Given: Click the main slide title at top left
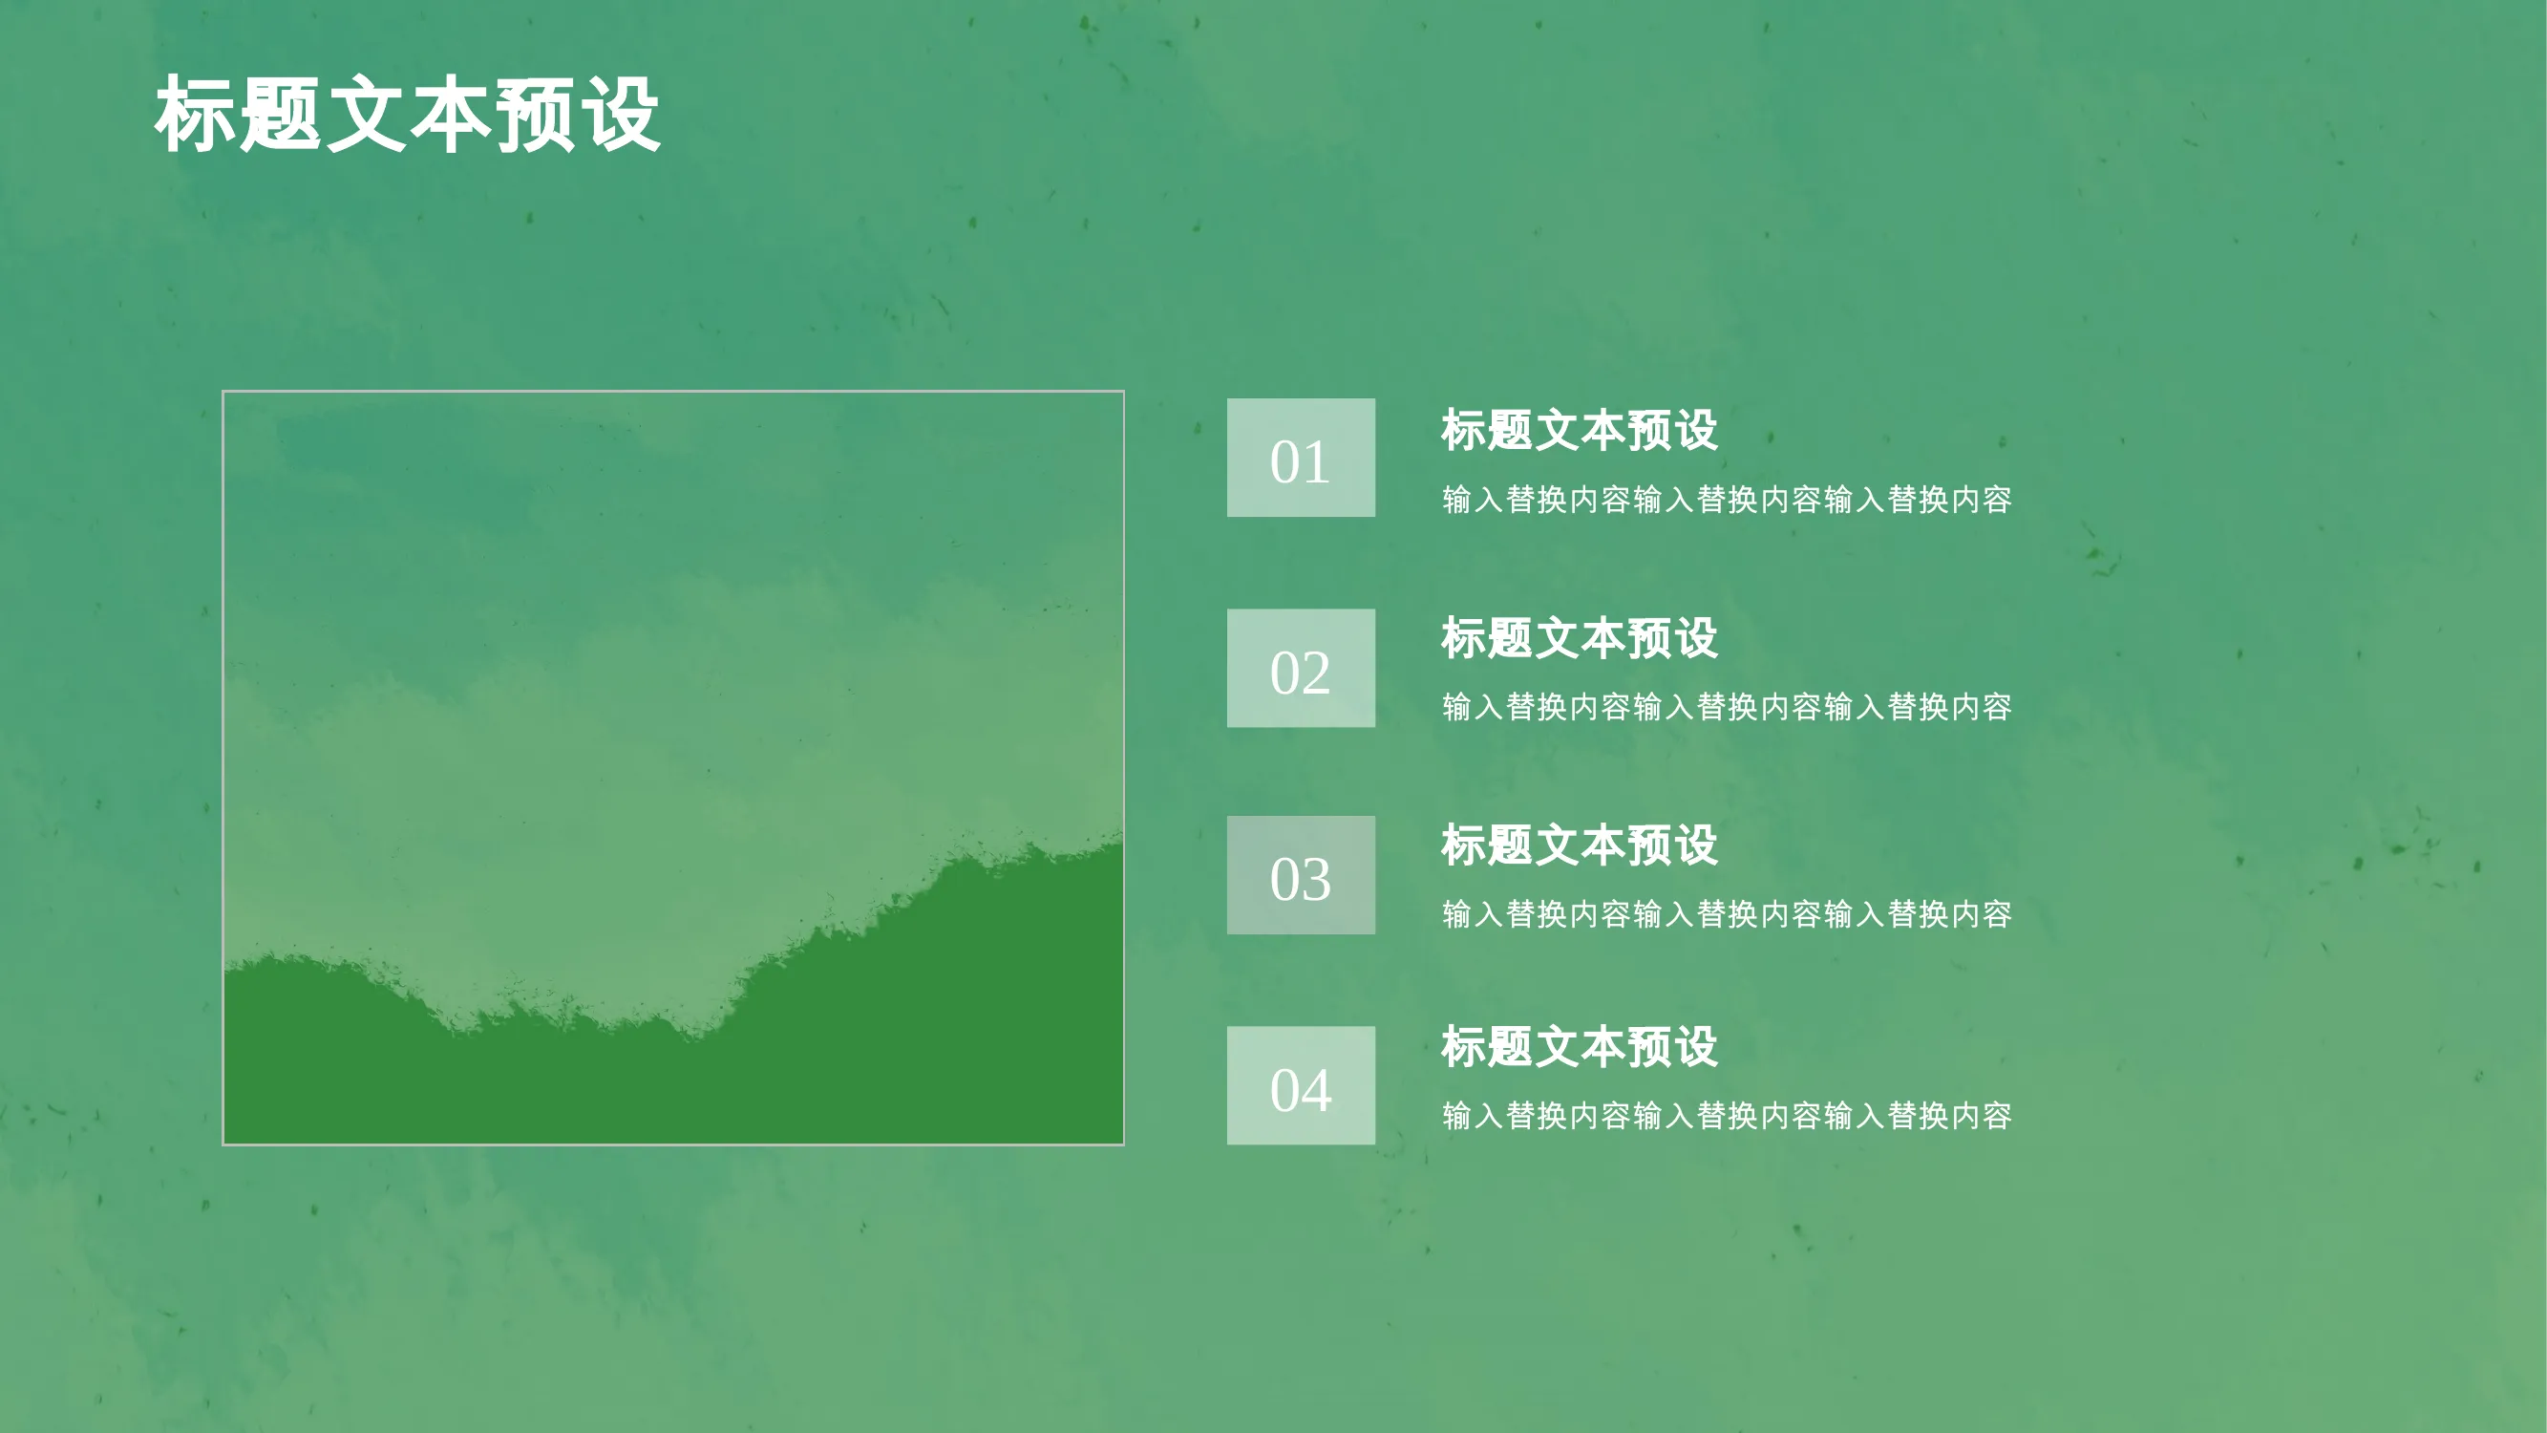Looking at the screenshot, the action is coord(408,115).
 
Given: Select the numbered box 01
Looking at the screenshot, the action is coord(1300,458).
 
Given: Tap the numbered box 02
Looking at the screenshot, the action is coord(1300,668).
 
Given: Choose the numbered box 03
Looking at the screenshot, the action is coord(1300,875).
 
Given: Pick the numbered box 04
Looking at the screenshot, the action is coord(1300,1085).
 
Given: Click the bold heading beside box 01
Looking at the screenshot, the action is coord(1579,430).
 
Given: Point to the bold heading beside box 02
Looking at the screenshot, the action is coord(1579,638).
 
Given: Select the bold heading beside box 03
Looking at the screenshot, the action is coord(1579,845).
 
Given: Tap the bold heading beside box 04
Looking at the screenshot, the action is coord(1579,1046).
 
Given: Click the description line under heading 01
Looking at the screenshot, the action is coord(1727,500).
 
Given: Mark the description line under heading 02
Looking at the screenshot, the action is coord(1727,707).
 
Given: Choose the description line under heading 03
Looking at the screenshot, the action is coord(1727,914).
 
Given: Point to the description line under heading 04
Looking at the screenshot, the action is coord(1727,1116).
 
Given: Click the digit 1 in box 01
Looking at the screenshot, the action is coord(1317,461).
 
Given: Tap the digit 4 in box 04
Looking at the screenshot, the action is coord(1316,1090).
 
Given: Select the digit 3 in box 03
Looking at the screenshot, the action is coord(1316,879).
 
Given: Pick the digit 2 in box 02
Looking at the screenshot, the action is coord(1316,673).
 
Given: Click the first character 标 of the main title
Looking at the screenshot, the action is coord(195,115).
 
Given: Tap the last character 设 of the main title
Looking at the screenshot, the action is coord(621,115).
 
